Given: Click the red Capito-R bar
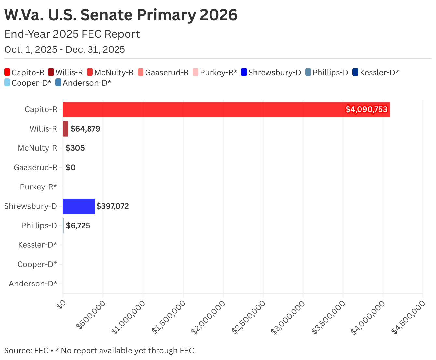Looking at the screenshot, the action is pos(226,109).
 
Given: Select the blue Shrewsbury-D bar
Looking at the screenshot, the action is pos(79,206).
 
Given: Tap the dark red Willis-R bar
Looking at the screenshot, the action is pos(66,129).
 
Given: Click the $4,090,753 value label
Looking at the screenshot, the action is pos(366,109).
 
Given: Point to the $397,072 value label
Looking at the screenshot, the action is pos(113,206).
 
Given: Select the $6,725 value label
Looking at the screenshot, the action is pos(78,226).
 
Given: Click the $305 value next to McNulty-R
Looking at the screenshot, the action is pos(75,148).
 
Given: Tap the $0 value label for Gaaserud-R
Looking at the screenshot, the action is pos(71,167).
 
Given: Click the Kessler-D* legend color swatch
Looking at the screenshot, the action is pos(355,72).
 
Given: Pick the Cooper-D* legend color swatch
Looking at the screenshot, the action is pos(7,83).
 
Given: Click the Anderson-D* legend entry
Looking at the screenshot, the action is pos(83,83).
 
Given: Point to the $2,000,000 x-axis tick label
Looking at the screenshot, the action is pos(208,317).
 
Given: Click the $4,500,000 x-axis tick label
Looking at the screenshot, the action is pos(408,317).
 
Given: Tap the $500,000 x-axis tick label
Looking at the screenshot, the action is pos(91,315).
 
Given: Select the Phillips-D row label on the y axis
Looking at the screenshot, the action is pos(39,226).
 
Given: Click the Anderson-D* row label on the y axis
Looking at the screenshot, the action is pos(33,284).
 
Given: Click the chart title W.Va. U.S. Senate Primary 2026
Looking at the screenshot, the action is pos(121,15).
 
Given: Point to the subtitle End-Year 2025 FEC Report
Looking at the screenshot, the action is pos(72,34).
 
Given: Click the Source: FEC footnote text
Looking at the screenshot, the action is pos(26,350).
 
